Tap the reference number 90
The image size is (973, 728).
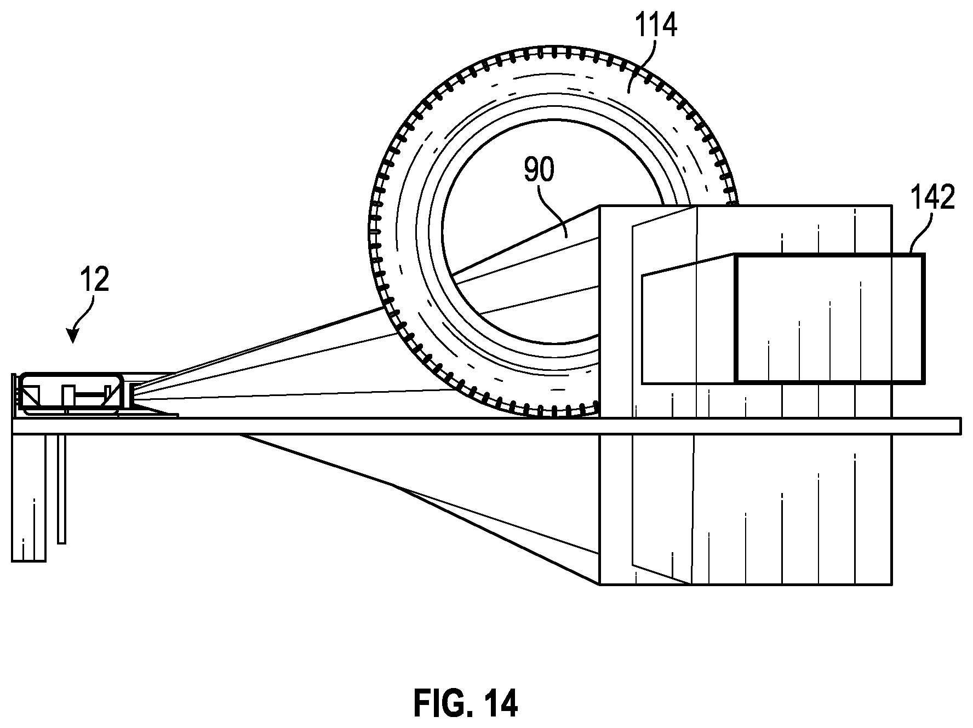(x=540, y=170)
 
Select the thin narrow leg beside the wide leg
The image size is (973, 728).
(x=61, y=489)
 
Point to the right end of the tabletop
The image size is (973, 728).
(x=960, y=426)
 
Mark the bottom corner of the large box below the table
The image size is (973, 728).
(x=600, y=584)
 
